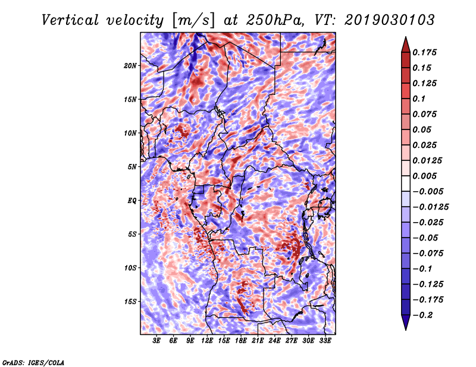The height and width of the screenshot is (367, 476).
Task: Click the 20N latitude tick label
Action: [130, 66]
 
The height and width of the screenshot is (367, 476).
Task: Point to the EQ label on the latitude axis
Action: [132, 201]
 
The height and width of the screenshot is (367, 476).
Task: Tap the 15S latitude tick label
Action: [130, 302]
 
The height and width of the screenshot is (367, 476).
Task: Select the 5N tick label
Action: [132, 167]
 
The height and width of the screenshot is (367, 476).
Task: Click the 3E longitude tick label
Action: [156, 341]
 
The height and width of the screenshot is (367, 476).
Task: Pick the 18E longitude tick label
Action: [241, 341]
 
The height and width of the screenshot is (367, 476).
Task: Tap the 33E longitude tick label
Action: [325, 341]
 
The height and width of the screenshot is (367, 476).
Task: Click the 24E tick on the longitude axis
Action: [274, 341]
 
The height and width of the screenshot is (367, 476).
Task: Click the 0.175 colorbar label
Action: [424, 52]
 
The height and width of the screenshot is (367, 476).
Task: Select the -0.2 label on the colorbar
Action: [422, 315]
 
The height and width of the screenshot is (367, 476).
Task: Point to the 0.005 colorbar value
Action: [424, 176]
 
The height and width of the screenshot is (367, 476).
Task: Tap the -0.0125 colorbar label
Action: [430, 207]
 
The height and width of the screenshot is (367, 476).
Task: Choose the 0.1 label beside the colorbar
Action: [419, 99]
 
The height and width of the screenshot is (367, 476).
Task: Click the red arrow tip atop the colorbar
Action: [406, 37]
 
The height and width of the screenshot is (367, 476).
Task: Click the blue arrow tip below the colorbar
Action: [406, 330]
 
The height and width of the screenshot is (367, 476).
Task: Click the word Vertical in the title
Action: [70, 20]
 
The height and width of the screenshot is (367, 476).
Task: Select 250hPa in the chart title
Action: [275, 20]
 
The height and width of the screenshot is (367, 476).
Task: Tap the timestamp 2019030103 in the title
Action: [390, 20]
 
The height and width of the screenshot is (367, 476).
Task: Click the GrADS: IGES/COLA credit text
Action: [33, 363]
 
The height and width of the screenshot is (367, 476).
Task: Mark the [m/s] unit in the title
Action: [193, 21]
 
